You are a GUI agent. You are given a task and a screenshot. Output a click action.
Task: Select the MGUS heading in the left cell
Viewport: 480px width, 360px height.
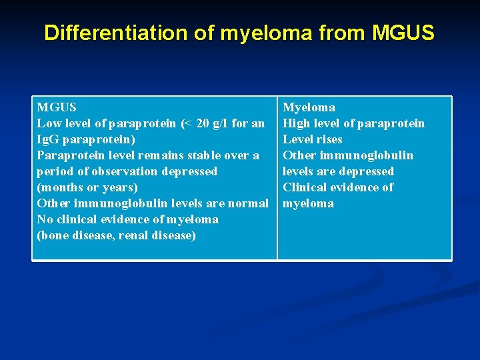coord(57,107)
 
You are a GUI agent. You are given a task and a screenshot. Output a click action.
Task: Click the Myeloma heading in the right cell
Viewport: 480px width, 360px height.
coord(309,107)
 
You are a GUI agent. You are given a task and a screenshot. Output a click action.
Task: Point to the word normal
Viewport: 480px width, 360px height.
coord(249,203)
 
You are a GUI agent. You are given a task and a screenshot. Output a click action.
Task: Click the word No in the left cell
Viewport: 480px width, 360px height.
coord(45,219)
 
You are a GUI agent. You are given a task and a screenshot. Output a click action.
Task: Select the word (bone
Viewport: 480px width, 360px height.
coord(53,235)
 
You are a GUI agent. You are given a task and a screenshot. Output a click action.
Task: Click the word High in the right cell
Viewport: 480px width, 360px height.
coord(296,123)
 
